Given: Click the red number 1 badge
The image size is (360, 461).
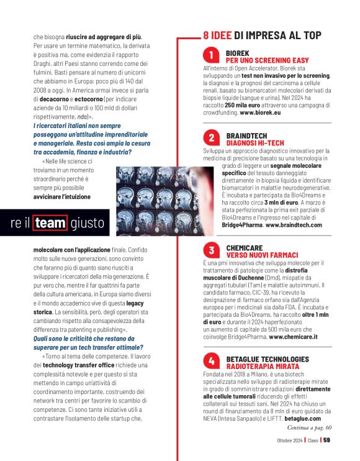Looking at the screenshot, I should [212, 56].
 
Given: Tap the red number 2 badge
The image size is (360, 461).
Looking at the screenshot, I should [212, 138].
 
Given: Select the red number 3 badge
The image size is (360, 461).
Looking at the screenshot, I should [212, 251].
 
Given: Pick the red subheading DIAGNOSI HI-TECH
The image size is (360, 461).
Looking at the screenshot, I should [255, 143].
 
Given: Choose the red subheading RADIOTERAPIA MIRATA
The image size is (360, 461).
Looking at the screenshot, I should [263, 367].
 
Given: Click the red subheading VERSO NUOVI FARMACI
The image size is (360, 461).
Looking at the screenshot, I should [262, 255].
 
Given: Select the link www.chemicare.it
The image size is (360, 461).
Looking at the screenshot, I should [293, 336].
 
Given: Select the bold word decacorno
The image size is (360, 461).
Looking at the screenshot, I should [54, 99].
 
